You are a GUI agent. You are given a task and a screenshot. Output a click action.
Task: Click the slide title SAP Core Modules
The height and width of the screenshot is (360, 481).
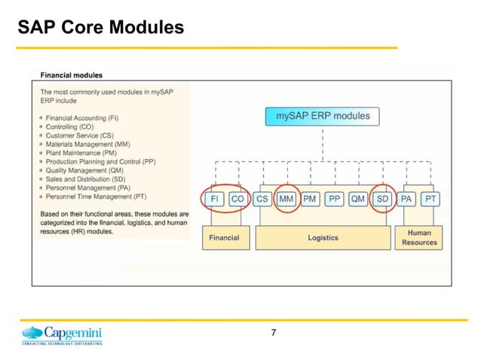click(100, 29)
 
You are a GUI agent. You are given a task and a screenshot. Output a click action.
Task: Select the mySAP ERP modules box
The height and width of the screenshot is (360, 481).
click(322, 117)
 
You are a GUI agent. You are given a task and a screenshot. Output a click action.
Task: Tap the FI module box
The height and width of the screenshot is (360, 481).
click(213, 199)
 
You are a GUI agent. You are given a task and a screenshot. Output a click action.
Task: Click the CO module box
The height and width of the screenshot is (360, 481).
click(237, 199)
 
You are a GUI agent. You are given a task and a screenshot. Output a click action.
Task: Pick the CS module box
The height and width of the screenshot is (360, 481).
click(262, 199)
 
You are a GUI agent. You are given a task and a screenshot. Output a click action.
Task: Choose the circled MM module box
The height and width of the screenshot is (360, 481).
click(286, 199)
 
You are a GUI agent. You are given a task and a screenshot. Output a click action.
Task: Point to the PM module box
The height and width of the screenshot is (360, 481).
click(310, 199)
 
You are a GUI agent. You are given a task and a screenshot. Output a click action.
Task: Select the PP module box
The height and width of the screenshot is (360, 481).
click(334, 199)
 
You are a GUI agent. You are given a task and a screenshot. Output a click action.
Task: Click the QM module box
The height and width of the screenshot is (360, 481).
click(358, 199)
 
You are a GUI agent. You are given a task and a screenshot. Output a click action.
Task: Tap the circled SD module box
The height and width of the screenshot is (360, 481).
click(382, 199)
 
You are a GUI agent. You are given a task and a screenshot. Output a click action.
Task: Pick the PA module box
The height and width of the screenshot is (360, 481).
click(407, 199)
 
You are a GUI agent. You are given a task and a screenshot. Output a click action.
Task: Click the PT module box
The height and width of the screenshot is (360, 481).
click(430, 199)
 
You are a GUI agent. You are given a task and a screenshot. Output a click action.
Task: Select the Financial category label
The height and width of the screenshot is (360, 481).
click(224, 238)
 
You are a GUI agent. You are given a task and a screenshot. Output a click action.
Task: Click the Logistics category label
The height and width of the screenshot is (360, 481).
click(323, 238)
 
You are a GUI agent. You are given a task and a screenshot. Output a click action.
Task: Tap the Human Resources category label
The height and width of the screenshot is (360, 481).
click(419, 238)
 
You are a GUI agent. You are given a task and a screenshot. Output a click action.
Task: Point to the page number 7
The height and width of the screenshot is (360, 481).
click(273, 333)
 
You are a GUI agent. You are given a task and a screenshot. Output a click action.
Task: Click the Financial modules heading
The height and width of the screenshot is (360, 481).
click(72, 75)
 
